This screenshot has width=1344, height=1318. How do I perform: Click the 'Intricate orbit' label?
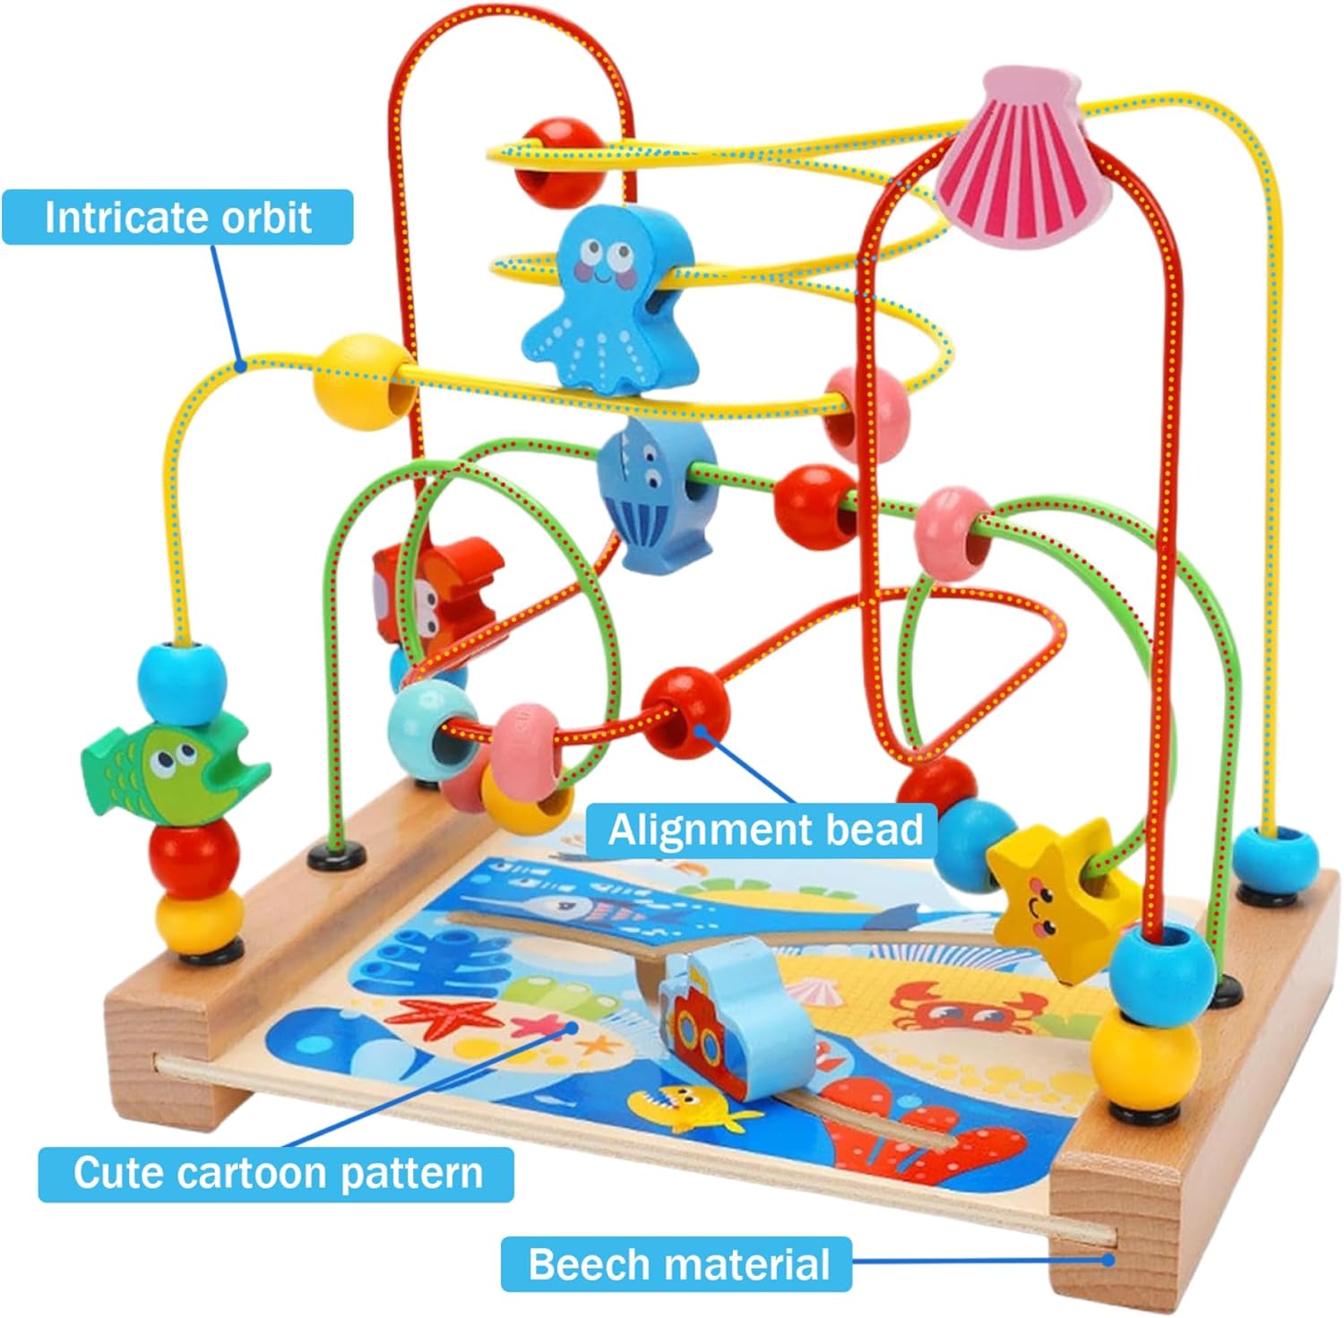coord(177,218)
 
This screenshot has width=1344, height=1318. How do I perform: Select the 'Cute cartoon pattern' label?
coord(277,1173)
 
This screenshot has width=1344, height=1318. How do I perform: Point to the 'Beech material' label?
coord(678,1264)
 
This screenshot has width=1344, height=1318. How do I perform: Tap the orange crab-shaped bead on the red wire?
coord(430,587)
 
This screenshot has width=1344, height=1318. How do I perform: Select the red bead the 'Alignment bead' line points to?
coord(686,713)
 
